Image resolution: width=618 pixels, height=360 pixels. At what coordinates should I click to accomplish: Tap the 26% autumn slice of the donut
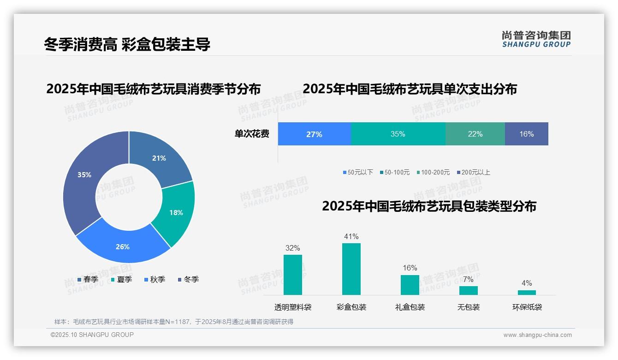point(123,245)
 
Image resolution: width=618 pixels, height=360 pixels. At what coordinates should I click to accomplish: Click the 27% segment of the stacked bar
point(314,134)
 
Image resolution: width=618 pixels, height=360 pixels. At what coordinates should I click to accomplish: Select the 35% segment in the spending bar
point(398,134)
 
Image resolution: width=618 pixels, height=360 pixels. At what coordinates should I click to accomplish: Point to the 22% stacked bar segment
point(475,134)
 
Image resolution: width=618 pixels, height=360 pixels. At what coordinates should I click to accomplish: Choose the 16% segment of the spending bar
point(526,134)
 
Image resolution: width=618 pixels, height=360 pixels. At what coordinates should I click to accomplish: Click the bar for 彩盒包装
point(351,269)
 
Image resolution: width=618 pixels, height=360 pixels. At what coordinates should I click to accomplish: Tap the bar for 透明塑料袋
point(293,275)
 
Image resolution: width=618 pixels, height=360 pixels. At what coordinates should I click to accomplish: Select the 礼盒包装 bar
point(410,285)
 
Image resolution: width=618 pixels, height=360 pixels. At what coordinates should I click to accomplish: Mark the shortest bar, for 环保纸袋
point(527,292)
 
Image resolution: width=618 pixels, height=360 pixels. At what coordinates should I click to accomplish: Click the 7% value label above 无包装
point(468,279)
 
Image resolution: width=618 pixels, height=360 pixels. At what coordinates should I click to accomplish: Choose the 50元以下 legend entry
point(358,172)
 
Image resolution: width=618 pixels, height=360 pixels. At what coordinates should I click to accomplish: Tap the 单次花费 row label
point(252,134)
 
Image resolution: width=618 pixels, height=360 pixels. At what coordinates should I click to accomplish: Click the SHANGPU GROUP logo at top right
point(536,39)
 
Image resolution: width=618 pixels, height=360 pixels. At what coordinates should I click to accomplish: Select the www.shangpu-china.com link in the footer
point(537,335)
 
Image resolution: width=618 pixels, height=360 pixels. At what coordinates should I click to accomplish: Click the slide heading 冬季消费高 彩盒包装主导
point(127,44)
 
